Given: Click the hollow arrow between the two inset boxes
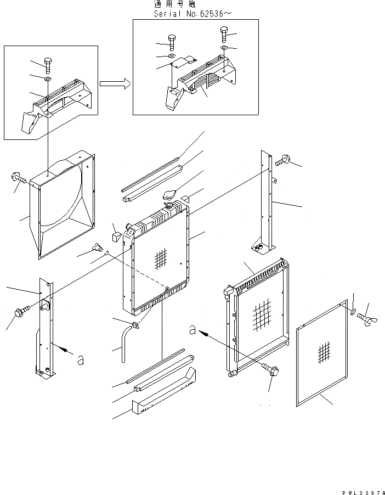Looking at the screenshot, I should pyautogui.click(x=115, y=83).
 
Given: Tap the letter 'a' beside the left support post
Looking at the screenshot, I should pyautogui.click(x=81, y=359).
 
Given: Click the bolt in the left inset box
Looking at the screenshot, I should pyautogui.click(x=47, y=65).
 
